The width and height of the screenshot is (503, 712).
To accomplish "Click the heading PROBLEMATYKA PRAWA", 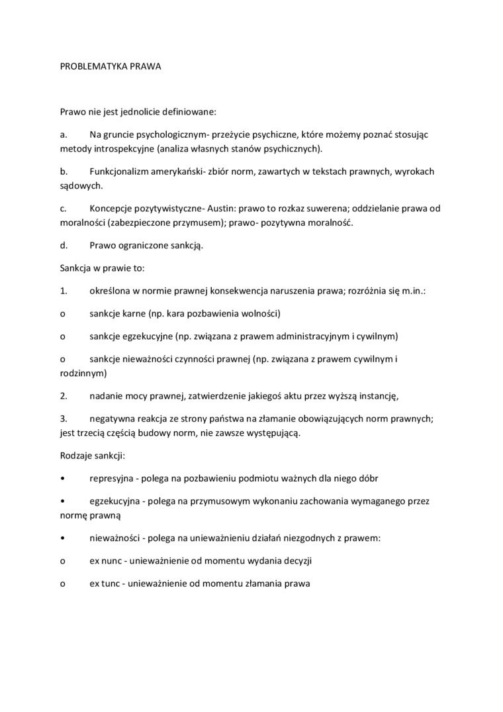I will (x=106, y=67).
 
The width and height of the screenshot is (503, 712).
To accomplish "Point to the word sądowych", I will (x=75, y=185).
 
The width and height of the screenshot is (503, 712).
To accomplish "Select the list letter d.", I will (x=64, y=246).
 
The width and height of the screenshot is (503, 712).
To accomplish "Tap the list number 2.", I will (x=64, y=396).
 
